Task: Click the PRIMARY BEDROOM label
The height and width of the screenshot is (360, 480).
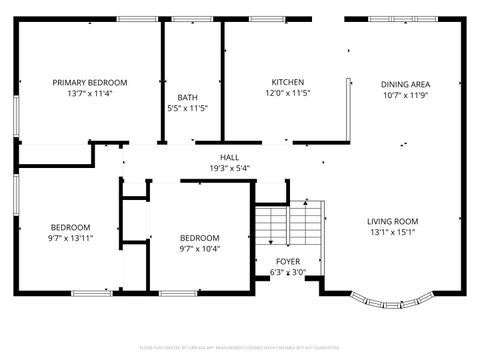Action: click(90, 82)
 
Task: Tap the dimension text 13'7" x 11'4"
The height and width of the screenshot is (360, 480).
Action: click(90, 94)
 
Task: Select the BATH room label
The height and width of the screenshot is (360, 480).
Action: click(188, 97)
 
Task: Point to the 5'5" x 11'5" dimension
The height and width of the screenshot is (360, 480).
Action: click(188, 109)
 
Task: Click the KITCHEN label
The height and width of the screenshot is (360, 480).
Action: click(288, 82)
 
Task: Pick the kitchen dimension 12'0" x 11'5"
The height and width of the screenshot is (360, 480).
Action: click(288, 94)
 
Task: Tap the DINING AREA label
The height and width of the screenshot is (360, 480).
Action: click(406, 85)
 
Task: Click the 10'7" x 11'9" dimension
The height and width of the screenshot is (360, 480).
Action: click(406, 97)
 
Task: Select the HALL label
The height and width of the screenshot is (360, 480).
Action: click(230, 157)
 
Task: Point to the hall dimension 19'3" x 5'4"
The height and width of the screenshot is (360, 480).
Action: click(230, 169)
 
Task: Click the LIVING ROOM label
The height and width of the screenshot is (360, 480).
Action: click(392, 221)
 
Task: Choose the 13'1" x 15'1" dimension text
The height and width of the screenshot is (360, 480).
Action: click(392, 233)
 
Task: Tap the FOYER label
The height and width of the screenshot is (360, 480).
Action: click(288, 261)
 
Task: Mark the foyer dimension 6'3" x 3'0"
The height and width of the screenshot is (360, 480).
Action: click(288, 272)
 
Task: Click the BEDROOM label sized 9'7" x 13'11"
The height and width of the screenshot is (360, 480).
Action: click(71, 227)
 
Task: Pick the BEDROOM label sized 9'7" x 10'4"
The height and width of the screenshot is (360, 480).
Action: click(199, 238)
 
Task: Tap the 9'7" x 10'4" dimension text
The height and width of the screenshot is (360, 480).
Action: click(199, 250)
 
